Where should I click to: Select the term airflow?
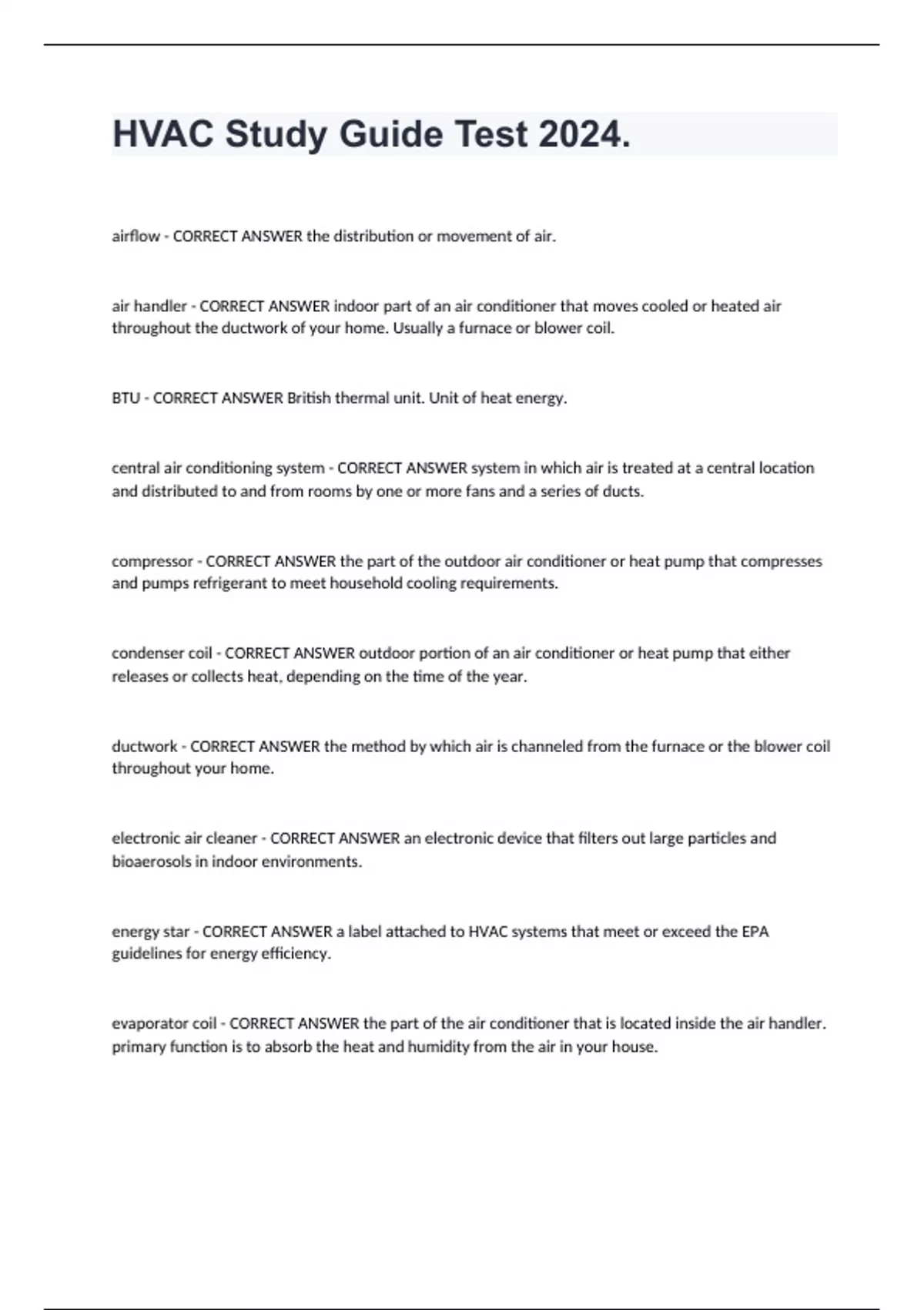click(x=136, y=237)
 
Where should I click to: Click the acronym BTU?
click(x=126, y=398)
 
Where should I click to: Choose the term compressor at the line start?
click(x=152, y=561)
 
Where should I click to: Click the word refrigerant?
click(x=229, y=583)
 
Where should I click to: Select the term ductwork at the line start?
click(x=144, y=746)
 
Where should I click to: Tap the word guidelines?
click(x=146, y=953)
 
